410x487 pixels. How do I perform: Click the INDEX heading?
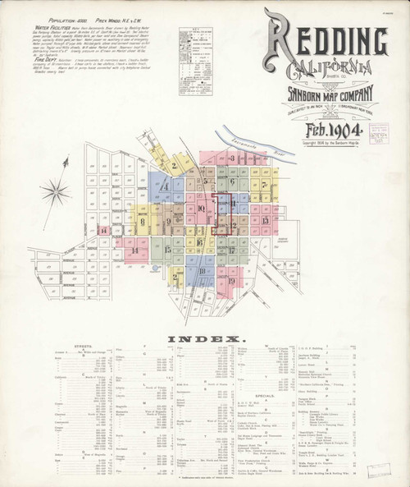(205, 339)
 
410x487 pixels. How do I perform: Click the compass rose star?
(55, 193)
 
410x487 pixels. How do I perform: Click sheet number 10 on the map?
(201, 209)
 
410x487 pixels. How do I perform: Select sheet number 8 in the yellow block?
(142, 221)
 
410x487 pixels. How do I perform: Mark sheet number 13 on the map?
(265, 220)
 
